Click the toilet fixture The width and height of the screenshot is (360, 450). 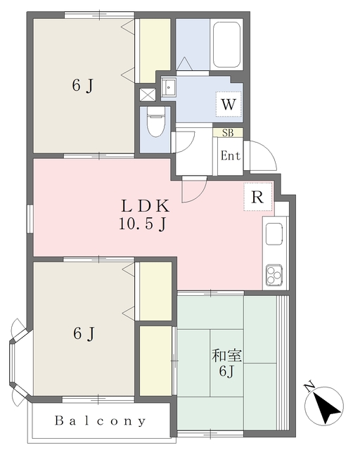pyautogui.click(x=156, y=121)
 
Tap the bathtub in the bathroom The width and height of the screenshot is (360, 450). pyautogui.click(x=226, y=44)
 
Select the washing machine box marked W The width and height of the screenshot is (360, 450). pyautogui.click(x=229, y=104)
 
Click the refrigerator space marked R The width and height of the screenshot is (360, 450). pyautogui.click(x=257, y=197)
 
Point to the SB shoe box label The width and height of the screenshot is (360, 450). pyautogui.click(x=228, y=133)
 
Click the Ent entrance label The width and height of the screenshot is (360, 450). pyautogui.click(x=230, y=156)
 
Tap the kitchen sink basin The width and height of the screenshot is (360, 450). pyautogui.click(x=274, y=234)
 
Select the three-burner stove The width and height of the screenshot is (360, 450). pyautogui.click(x=274, y=275)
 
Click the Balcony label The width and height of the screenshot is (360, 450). pyautogui.click(x=100, y=421)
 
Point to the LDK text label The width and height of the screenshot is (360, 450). pyautogui.click(x=146, y=206)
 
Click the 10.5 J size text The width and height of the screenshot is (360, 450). pyautogui.click(x=143, y=224)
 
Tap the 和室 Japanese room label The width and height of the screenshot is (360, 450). pyautogui.click(x=227, y=356)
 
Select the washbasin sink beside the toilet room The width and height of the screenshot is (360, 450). pyautogui.click(x=168, y=86)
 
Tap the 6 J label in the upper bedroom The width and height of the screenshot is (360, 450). pyautogui.click(x=83, y=85)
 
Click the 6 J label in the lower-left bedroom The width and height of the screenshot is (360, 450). pyautogui.click(x=84, y=333)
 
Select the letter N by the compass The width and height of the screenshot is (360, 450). pyautogui.click(x=309, y=387)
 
